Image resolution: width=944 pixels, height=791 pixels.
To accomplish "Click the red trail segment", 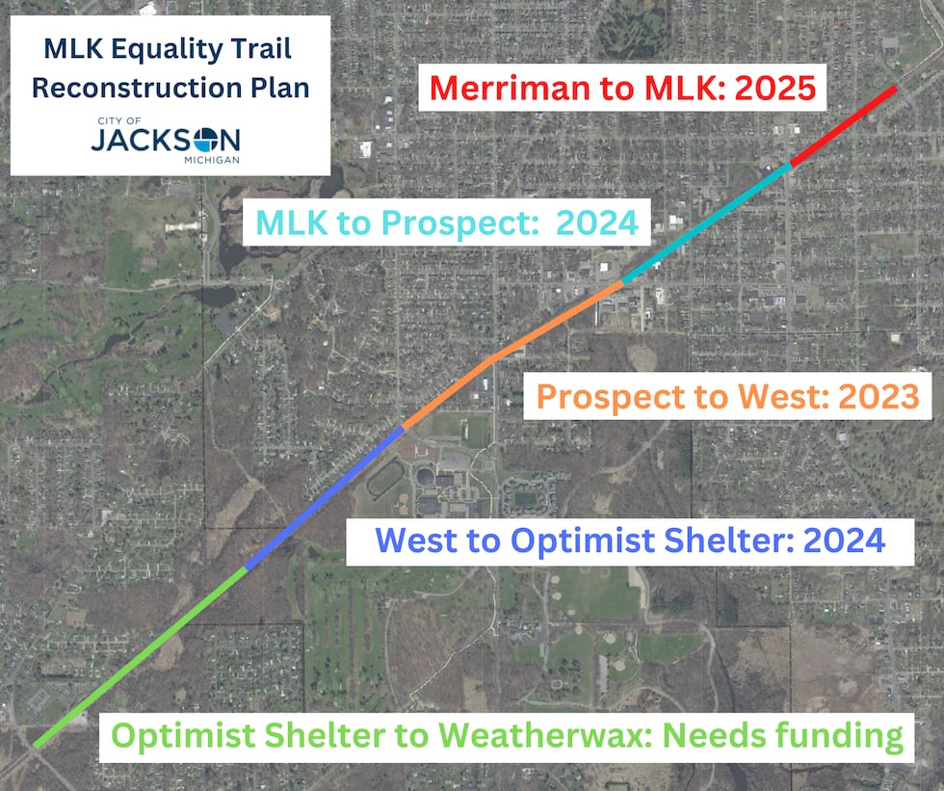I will click(x=844, y=126).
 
